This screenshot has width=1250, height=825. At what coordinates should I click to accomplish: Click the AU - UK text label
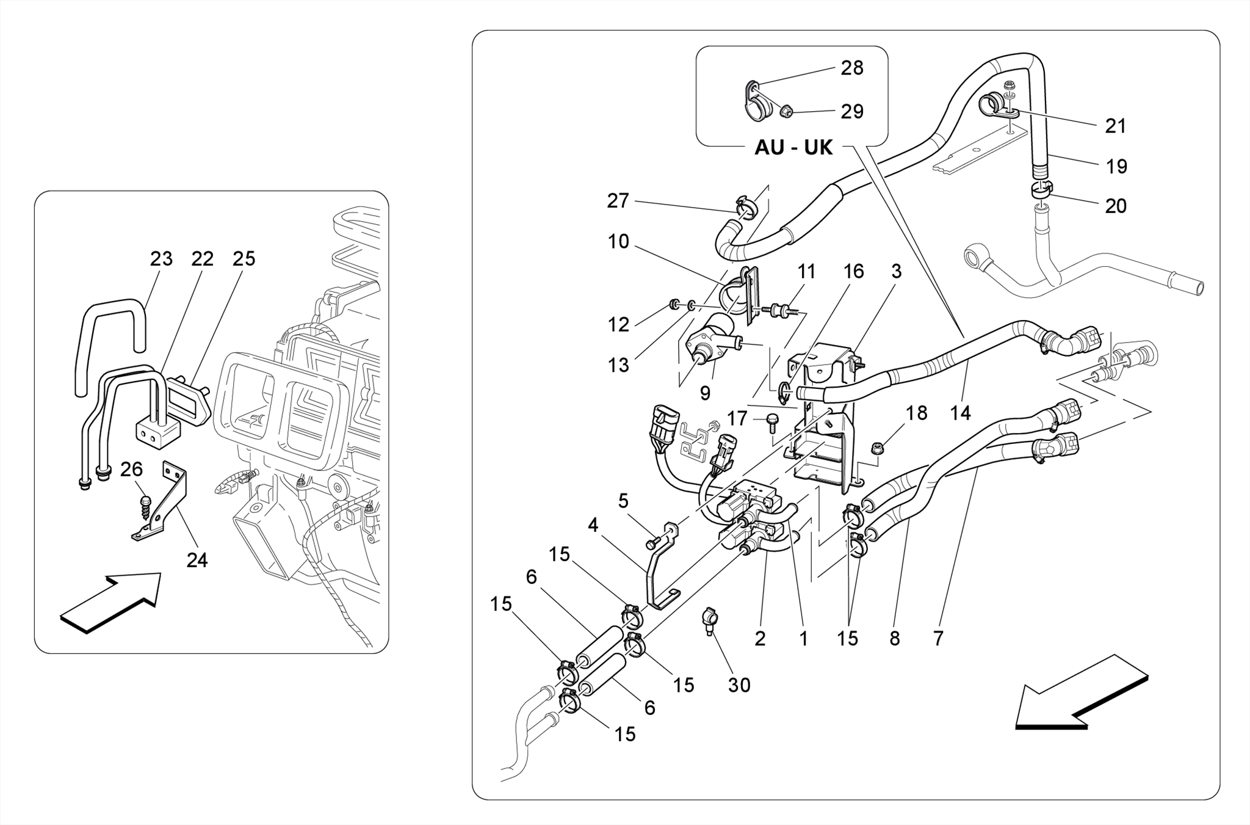coord(793,147)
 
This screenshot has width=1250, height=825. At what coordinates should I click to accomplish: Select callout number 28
coord(852,68)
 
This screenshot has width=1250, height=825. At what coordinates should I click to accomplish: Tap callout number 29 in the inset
coord(852,112)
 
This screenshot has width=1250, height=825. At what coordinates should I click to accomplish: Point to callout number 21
coord(1116,126)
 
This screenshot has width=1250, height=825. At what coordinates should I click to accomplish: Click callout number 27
coord(618,200)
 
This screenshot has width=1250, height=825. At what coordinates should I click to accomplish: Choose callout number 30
coord(739,685)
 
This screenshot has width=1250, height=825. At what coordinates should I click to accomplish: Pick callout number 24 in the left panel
coord(197,559)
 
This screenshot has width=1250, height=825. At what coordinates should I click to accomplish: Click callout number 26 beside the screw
coord(131,469)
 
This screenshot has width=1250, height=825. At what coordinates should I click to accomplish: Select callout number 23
coord(161,259)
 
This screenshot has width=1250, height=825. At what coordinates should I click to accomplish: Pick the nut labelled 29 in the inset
coord(787,112)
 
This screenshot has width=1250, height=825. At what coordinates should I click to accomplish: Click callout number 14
coord(960,413)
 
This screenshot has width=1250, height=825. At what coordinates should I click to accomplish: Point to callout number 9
coord(705,393)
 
